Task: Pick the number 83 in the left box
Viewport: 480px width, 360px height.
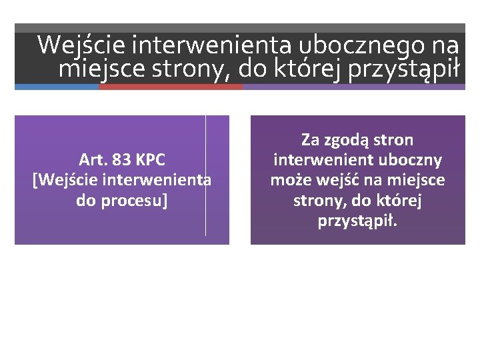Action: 123,160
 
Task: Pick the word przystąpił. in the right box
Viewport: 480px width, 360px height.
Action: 357,221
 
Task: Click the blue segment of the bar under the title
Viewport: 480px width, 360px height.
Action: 57,87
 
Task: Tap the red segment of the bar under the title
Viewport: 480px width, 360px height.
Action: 171,87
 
